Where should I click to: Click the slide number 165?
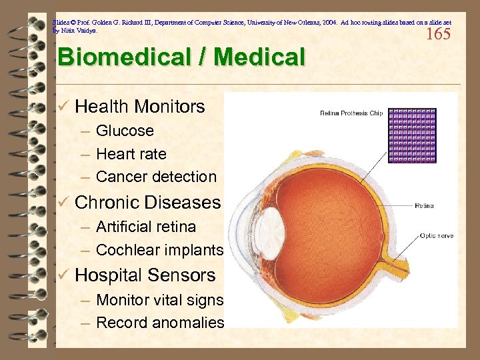click(438, 34)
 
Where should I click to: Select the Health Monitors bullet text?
click(140, 106)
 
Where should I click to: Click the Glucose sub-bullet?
click(125, 131)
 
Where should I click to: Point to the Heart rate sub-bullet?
click(131, 154)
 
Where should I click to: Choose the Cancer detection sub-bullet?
click(156, 177)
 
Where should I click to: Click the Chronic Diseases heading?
click(147, 202)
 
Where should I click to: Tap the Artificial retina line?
click(146, 227)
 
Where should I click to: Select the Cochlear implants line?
click(159, 250)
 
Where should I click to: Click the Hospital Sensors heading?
click(145, 275)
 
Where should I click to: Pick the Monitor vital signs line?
click(159, 299)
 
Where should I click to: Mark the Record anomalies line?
click(160, 323)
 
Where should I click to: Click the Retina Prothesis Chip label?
click(351, 113)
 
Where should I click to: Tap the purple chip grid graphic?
click(411, 136)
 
